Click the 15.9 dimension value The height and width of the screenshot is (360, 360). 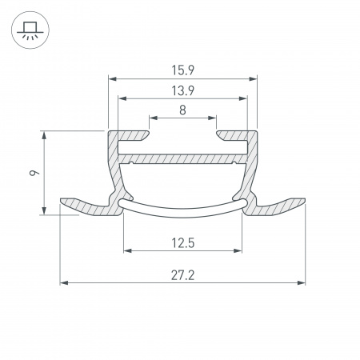[x=182, y=70]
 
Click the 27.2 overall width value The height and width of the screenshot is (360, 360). [x=182, y=274]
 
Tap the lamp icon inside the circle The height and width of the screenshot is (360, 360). [x=30, y=30]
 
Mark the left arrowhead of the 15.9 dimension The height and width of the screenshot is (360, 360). [x=112, y=79]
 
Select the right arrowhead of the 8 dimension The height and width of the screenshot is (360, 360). [x=214, y=118]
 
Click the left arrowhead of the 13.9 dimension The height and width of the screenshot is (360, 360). [x=122, y=98]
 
